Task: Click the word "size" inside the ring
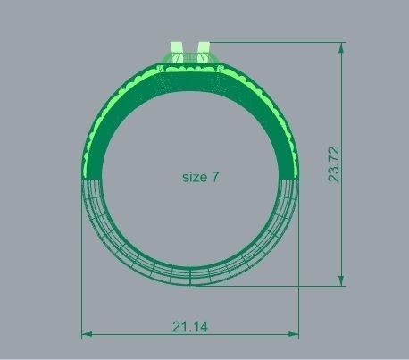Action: (194, 177)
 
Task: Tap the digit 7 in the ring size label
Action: (214, 177)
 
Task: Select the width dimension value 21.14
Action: (190, 327)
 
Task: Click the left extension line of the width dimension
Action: (82, 259)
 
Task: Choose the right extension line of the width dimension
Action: (300, 259)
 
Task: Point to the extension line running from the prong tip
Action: (277, 41)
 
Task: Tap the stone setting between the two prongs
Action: (190, 60)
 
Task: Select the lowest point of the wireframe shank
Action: (191, 285)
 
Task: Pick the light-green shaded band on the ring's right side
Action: (295, 161)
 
